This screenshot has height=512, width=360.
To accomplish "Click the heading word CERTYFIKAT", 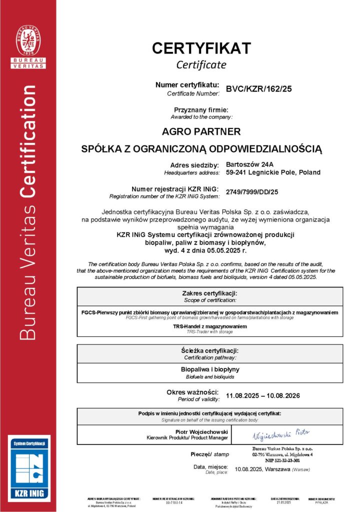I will click(201, 48).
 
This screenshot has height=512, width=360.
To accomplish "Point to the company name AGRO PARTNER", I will click(201, 132).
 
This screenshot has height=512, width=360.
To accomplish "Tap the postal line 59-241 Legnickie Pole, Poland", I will click(273, 172).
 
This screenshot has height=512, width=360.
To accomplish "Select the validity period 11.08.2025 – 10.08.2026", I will click(262, 395).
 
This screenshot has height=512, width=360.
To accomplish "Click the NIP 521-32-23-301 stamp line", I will click(282, 459).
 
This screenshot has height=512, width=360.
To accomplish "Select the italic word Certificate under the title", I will click(201, 64).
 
